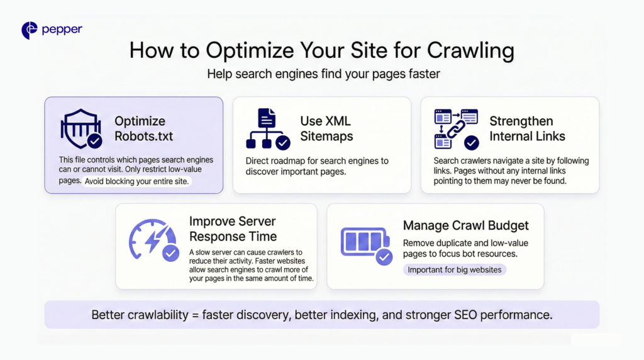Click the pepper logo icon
click(30, 30)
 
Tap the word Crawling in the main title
click(470, 51)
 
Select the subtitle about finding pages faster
click(323, 74)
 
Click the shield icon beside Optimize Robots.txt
click(81, 128)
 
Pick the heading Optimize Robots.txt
click(143, 128)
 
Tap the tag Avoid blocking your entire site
click(136, 181)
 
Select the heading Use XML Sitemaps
click(326, 128)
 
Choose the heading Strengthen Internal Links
click(527, 128)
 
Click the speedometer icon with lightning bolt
click(153, 240)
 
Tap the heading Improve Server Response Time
click(233, 229)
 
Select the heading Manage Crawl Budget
click(466, 225)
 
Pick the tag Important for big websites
click(454, 269)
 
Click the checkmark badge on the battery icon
click(384, 257)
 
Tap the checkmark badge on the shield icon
click(95, 141)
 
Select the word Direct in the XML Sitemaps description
click(257, 161)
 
